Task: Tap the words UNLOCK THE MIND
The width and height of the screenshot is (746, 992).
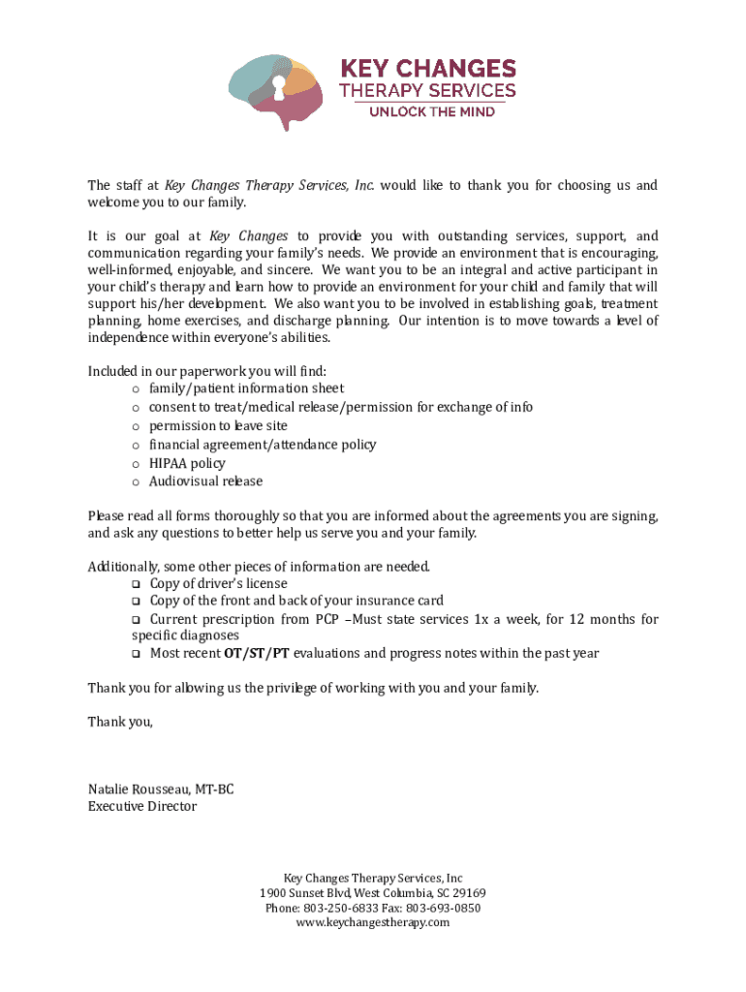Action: point(430,111)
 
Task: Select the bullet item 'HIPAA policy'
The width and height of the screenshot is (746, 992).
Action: point(187,463)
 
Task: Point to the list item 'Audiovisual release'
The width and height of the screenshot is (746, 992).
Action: point(205,481)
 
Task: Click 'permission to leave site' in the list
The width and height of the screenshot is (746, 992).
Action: point(218,426)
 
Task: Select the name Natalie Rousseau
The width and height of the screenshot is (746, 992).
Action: point(139,789)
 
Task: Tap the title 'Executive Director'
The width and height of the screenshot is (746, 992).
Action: point(142,806)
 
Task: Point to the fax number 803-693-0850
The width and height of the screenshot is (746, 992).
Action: point(444,909)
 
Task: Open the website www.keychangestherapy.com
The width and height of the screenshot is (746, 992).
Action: point(373,923)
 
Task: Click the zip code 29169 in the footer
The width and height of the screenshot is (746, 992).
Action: point(470,893)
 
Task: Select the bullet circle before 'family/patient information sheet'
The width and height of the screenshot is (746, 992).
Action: point(136,389)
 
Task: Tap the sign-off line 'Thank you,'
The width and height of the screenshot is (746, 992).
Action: point(120,722)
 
